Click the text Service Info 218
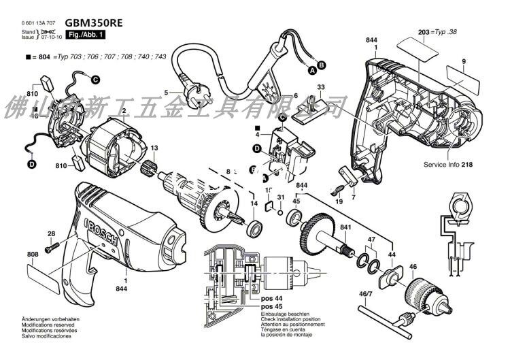(x=447, y=165)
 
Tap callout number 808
(x=32, y=255)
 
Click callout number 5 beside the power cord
(x=165, y=93)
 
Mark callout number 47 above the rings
(x=371, y=240)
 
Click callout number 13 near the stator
(x=154, y=148)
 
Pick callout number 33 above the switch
(x=321, y=87)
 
